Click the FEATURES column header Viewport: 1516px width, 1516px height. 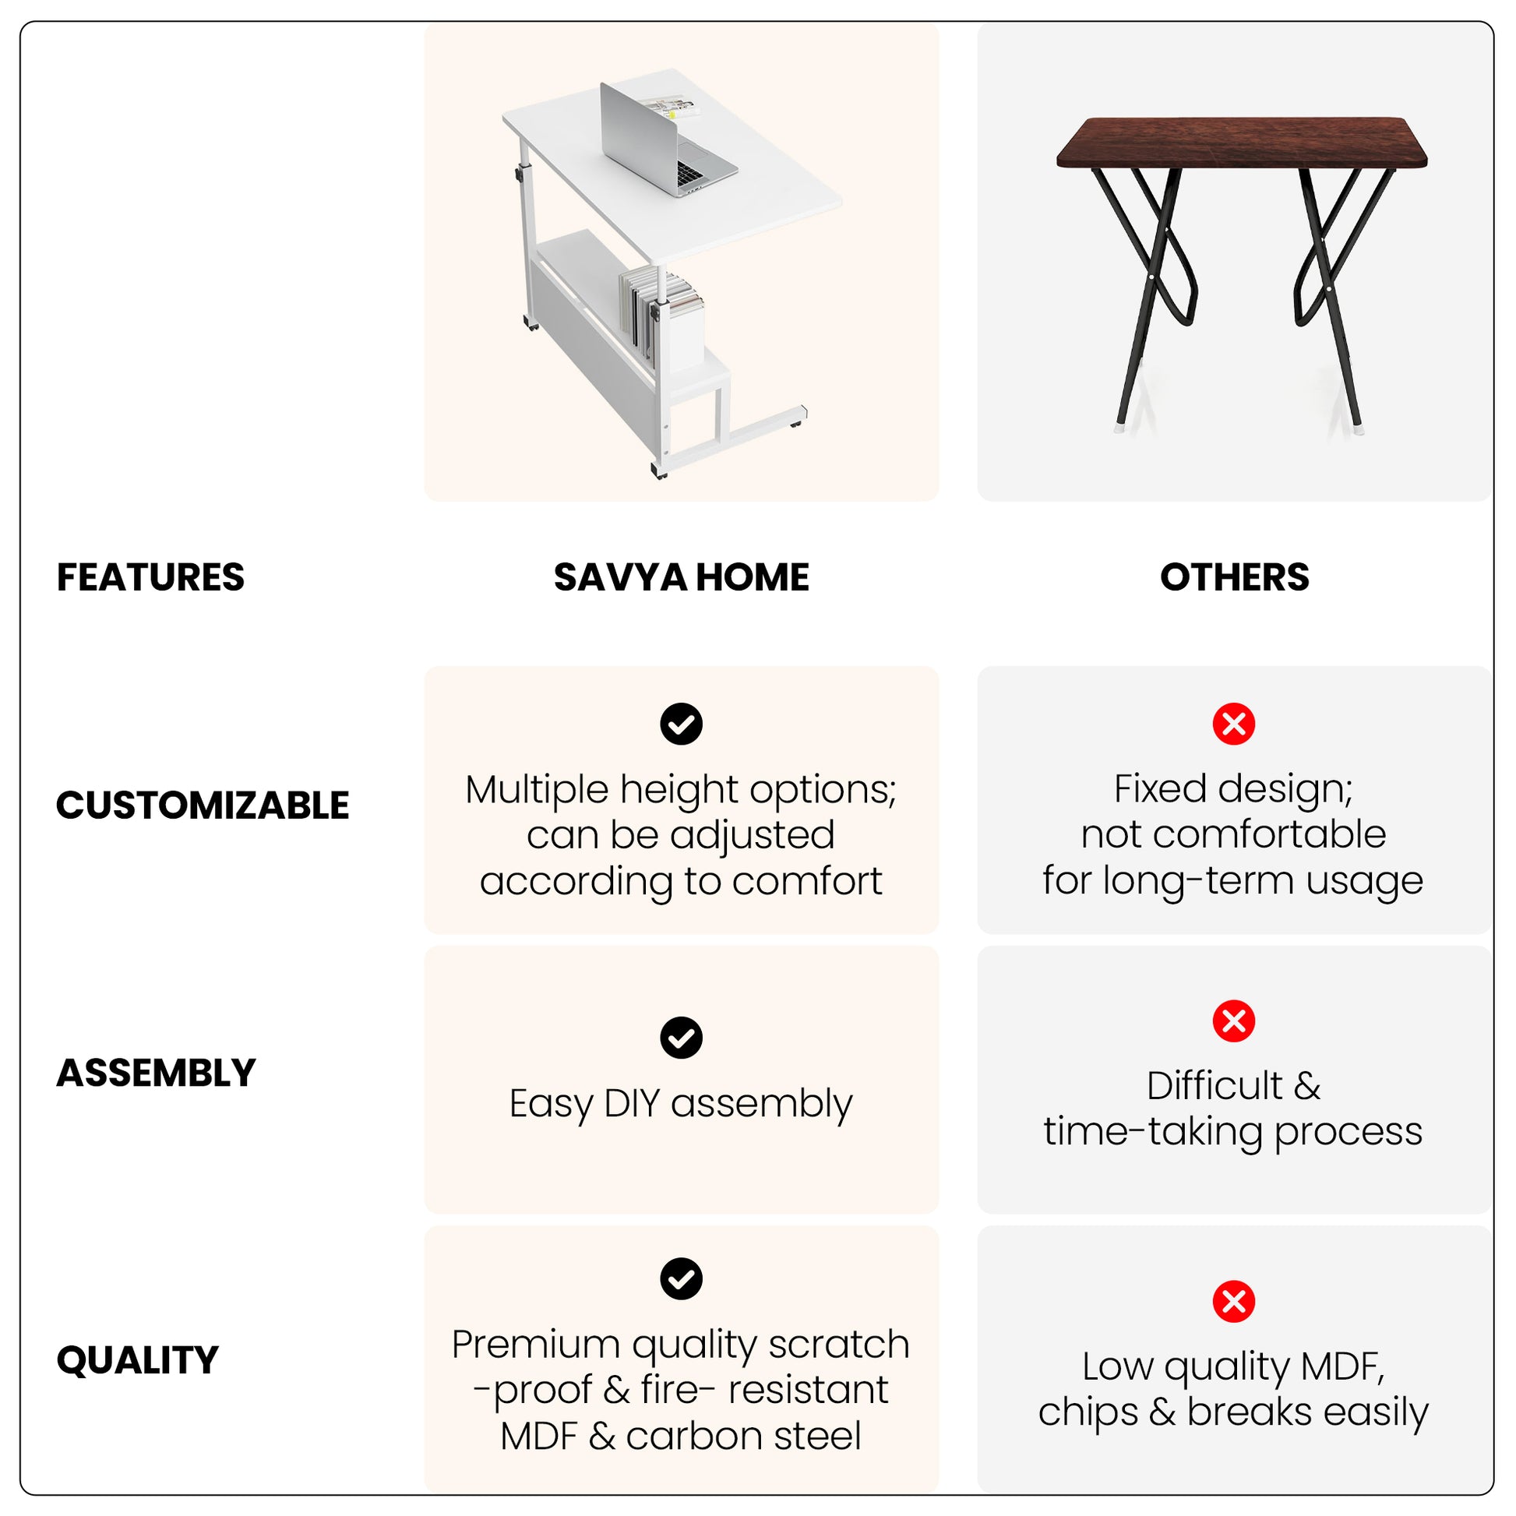point(150,577)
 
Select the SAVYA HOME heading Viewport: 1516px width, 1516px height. point(681,577)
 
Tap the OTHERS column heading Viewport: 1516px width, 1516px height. point(1234,577)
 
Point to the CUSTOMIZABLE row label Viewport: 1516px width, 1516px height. point(203,805)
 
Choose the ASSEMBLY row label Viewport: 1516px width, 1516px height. point(156,1073)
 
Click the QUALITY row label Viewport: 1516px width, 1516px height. point(137,1360)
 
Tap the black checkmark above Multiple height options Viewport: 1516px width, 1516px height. point(681,724)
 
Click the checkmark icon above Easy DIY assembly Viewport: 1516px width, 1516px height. point(681,1038)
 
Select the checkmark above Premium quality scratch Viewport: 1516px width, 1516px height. point(681,1279)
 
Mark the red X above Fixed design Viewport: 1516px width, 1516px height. point(1233,724)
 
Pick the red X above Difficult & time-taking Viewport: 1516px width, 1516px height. point(1233,1021)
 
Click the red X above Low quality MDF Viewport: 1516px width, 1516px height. point(1233,1302)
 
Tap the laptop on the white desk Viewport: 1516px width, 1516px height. point(667,141)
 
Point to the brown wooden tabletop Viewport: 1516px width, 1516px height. point(1242,143)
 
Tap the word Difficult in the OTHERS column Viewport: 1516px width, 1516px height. point(1215,1086)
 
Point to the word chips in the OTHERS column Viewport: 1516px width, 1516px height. point(1088,1413)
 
